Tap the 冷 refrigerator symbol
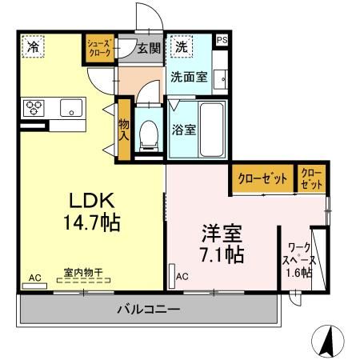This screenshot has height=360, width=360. coord(33,47)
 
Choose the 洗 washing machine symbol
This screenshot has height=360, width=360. coord(182,46)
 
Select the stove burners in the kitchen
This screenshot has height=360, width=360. coord(36,106)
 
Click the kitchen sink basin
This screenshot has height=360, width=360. coord(68,106)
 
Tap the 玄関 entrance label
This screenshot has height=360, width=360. coord(148,48)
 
